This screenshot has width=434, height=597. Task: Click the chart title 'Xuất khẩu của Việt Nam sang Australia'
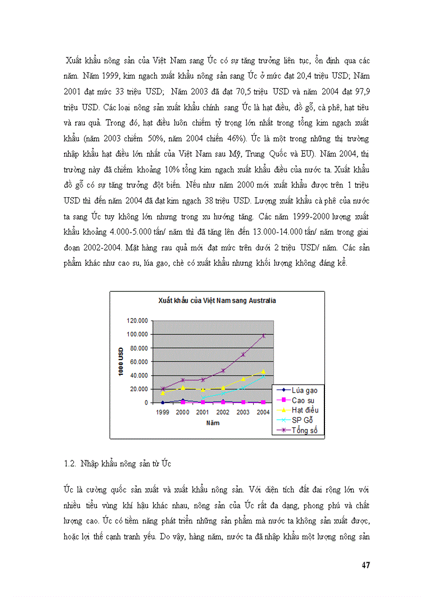click(x=217, y=300)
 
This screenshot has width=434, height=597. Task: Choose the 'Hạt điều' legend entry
click(x=305, y=410)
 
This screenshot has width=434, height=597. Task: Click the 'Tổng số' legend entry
click(x=305, y=430)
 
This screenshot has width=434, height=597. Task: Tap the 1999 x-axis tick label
click(x=162, y=412)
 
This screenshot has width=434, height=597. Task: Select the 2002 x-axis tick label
click(x=223, y=412)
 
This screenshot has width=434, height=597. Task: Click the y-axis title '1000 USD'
click(x=121, y=361)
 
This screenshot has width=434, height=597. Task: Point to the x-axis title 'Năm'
click(x=213, y=423)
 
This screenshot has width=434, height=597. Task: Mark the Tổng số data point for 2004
click(x=263, y=335)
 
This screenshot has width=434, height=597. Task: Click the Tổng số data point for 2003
click(x=243, y=355)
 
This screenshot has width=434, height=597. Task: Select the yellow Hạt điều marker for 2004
click(x=263, y=371)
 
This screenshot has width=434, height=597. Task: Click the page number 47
click(x=365, y=565)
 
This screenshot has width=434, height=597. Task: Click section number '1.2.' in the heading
click(x=71, y=464)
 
